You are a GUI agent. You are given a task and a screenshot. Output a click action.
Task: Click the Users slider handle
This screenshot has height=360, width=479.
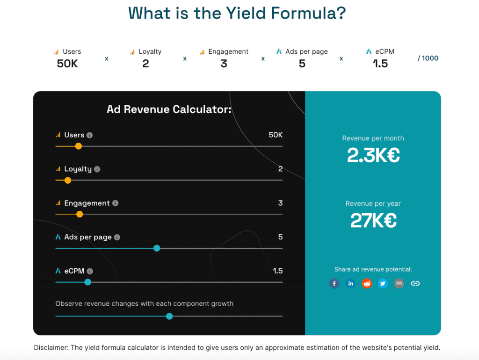pos(79,146)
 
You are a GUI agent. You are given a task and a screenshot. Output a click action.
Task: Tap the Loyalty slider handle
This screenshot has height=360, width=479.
pos(68,180)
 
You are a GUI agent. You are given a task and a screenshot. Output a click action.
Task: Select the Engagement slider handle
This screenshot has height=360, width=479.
pos(80,215)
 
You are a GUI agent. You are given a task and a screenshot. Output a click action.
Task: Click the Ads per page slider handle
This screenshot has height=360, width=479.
pos(157,248)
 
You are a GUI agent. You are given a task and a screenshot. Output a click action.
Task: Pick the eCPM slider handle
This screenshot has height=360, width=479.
pos(87,282)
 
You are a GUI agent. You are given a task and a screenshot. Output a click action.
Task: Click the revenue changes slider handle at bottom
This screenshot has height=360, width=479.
pos(169,317)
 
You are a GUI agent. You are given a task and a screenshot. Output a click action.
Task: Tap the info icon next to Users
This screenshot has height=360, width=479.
pos(90,135)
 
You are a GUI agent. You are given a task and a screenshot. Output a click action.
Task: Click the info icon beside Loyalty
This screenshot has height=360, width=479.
pos(97,169)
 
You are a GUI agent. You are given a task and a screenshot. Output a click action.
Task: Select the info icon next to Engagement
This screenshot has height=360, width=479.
pos(116,203)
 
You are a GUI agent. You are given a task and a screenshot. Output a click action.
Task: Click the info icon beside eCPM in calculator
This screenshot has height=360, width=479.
pos(90,271)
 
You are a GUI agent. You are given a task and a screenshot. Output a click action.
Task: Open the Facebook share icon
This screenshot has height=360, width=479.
pos(334,283)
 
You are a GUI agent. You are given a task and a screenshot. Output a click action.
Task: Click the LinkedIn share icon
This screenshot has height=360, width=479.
pos(350,283)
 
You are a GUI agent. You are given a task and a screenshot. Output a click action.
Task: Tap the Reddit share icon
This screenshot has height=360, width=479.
pos(367,283)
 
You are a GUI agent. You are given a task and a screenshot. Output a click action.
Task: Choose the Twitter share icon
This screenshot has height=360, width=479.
pos(383,283)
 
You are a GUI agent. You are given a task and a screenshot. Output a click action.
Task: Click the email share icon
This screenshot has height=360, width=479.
pos(399,283)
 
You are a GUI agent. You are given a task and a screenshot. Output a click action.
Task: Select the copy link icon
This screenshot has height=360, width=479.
pos(415,283)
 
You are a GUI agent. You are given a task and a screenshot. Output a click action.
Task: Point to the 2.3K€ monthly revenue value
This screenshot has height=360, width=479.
pos(373,155)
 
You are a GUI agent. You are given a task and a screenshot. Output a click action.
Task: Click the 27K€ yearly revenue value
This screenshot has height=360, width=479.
pos(373,220)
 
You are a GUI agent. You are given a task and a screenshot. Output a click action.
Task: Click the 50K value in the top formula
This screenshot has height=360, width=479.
pos(67,64)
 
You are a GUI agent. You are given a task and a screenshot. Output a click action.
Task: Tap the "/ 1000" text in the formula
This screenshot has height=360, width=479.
pos(428,58)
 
